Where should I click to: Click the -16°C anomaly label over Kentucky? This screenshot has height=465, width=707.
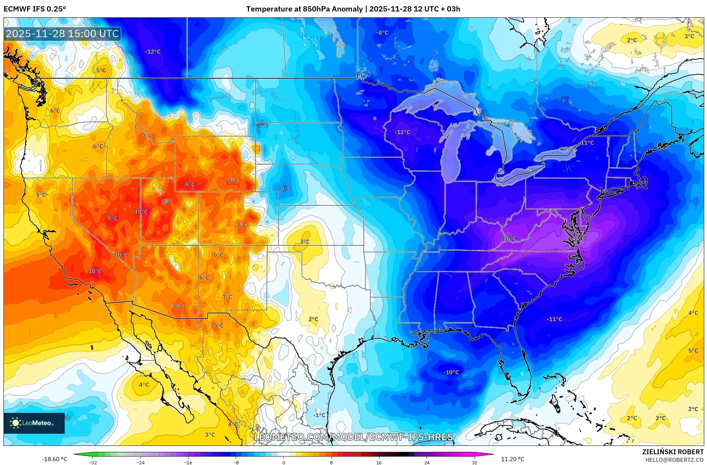tap(508, 238)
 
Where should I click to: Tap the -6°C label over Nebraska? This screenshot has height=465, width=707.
tap(284, 188)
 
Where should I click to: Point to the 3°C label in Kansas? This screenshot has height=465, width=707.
tap(305, 242)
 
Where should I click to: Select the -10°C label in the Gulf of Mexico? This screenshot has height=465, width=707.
tap(451, 372)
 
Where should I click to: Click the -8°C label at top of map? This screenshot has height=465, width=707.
tap(382, 32)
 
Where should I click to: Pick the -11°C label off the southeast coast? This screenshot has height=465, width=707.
tap(554, 319)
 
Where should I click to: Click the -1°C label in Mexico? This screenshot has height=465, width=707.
tap(319, 415)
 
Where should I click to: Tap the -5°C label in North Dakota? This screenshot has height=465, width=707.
tap(262, 125)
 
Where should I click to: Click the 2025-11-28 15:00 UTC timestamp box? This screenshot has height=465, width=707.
tap(63, 34)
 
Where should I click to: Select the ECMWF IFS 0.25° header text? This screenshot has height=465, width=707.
tap(35, 9)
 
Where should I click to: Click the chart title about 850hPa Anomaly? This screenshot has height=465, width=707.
tap(353, 9)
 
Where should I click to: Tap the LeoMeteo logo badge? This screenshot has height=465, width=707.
tap(34, 423)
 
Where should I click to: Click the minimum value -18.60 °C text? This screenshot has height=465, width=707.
tap(54, 459)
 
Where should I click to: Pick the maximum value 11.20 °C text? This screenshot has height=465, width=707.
tap(512, 459)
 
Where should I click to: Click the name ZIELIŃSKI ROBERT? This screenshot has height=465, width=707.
tap(673, 452)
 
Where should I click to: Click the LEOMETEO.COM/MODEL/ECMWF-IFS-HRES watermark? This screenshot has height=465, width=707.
tap(353, 437)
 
